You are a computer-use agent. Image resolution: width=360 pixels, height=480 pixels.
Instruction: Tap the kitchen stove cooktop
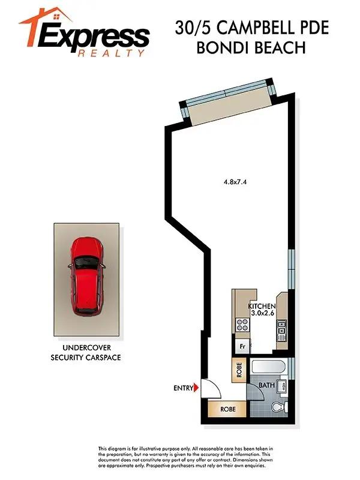(x=242, y=325)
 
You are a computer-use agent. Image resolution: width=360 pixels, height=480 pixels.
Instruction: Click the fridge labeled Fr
(x=242, y=346)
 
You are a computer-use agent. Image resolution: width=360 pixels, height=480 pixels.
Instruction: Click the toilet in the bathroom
(x=278, y=408)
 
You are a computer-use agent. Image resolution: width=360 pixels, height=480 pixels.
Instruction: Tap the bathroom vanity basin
(x=284, y=386)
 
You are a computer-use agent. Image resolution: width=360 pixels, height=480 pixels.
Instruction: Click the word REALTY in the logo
(x=112, y=53)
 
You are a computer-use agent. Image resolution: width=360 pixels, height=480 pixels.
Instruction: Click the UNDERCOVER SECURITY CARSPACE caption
(x=87, y=353)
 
